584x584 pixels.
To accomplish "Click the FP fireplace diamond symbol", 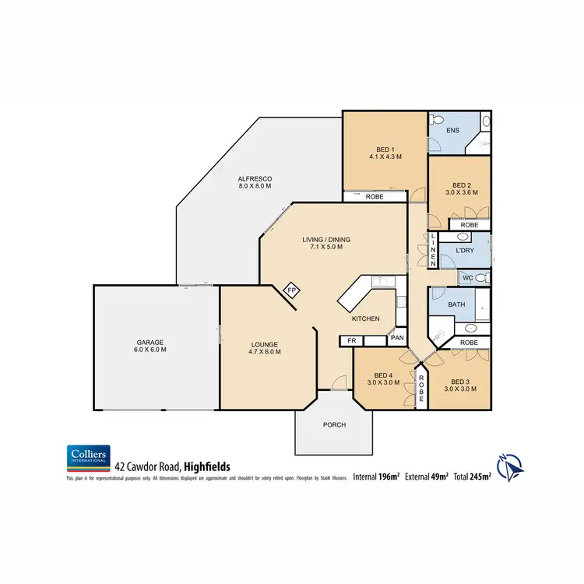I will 292,290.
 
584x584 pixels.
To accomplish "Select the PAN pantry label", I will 397,338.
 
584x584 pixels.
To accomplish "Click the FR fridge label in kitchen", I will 351,340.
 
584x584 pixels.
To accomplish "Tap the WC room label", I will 467,278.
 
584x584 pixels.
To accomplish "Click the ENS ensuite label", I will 452,130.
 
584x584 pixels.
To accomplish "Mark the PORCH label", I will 334,424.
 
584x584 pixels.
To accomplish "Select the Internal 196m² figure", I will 377,475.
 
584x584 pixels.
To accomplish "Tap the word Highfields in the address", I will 209,466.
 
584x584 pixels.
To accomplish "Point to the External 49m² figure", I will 426,475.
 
